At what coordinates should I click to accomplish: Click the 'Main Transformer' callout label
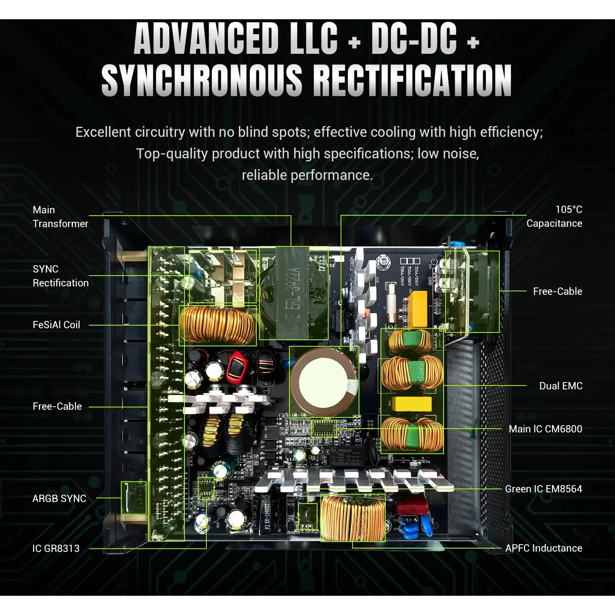point(60,217)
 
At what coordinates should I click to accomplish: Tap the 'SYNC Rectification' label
point(60,276)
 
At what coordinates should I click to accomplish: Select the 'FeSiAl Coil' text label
point(57,325)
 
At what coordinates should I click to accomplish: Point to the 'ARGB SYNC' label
point(59,499)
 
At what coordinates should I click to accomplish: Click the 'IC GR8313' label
point(56,549)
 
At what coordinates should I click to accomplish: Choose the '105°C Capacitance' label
point(554,216)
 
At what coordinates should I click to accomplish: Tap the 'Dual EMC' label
point(561,386)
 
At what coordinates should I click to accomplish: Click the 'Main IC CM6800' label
point(545,429)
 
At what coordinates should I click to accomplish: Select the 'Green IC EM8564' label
point(544,489)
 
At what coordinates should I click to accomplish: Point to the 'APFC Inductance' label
point(544,548)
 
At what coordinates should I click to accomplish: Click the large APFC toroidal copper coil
point(352,518)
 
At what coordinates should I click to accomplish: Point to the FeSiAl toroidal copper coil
point(218,325)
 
